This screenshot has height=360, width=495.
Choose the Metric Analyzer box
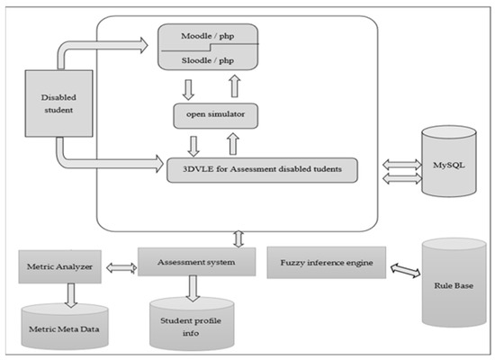58,265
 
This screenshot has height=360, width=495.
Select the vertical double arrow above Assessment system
237,238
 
